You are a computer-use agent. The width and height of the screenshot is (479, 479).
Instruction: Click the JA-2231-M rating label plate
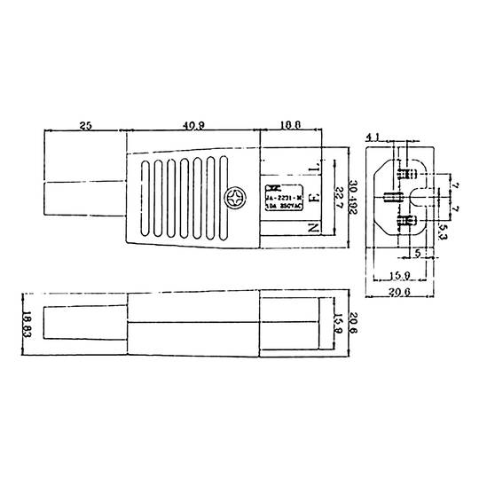(283, 196)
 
